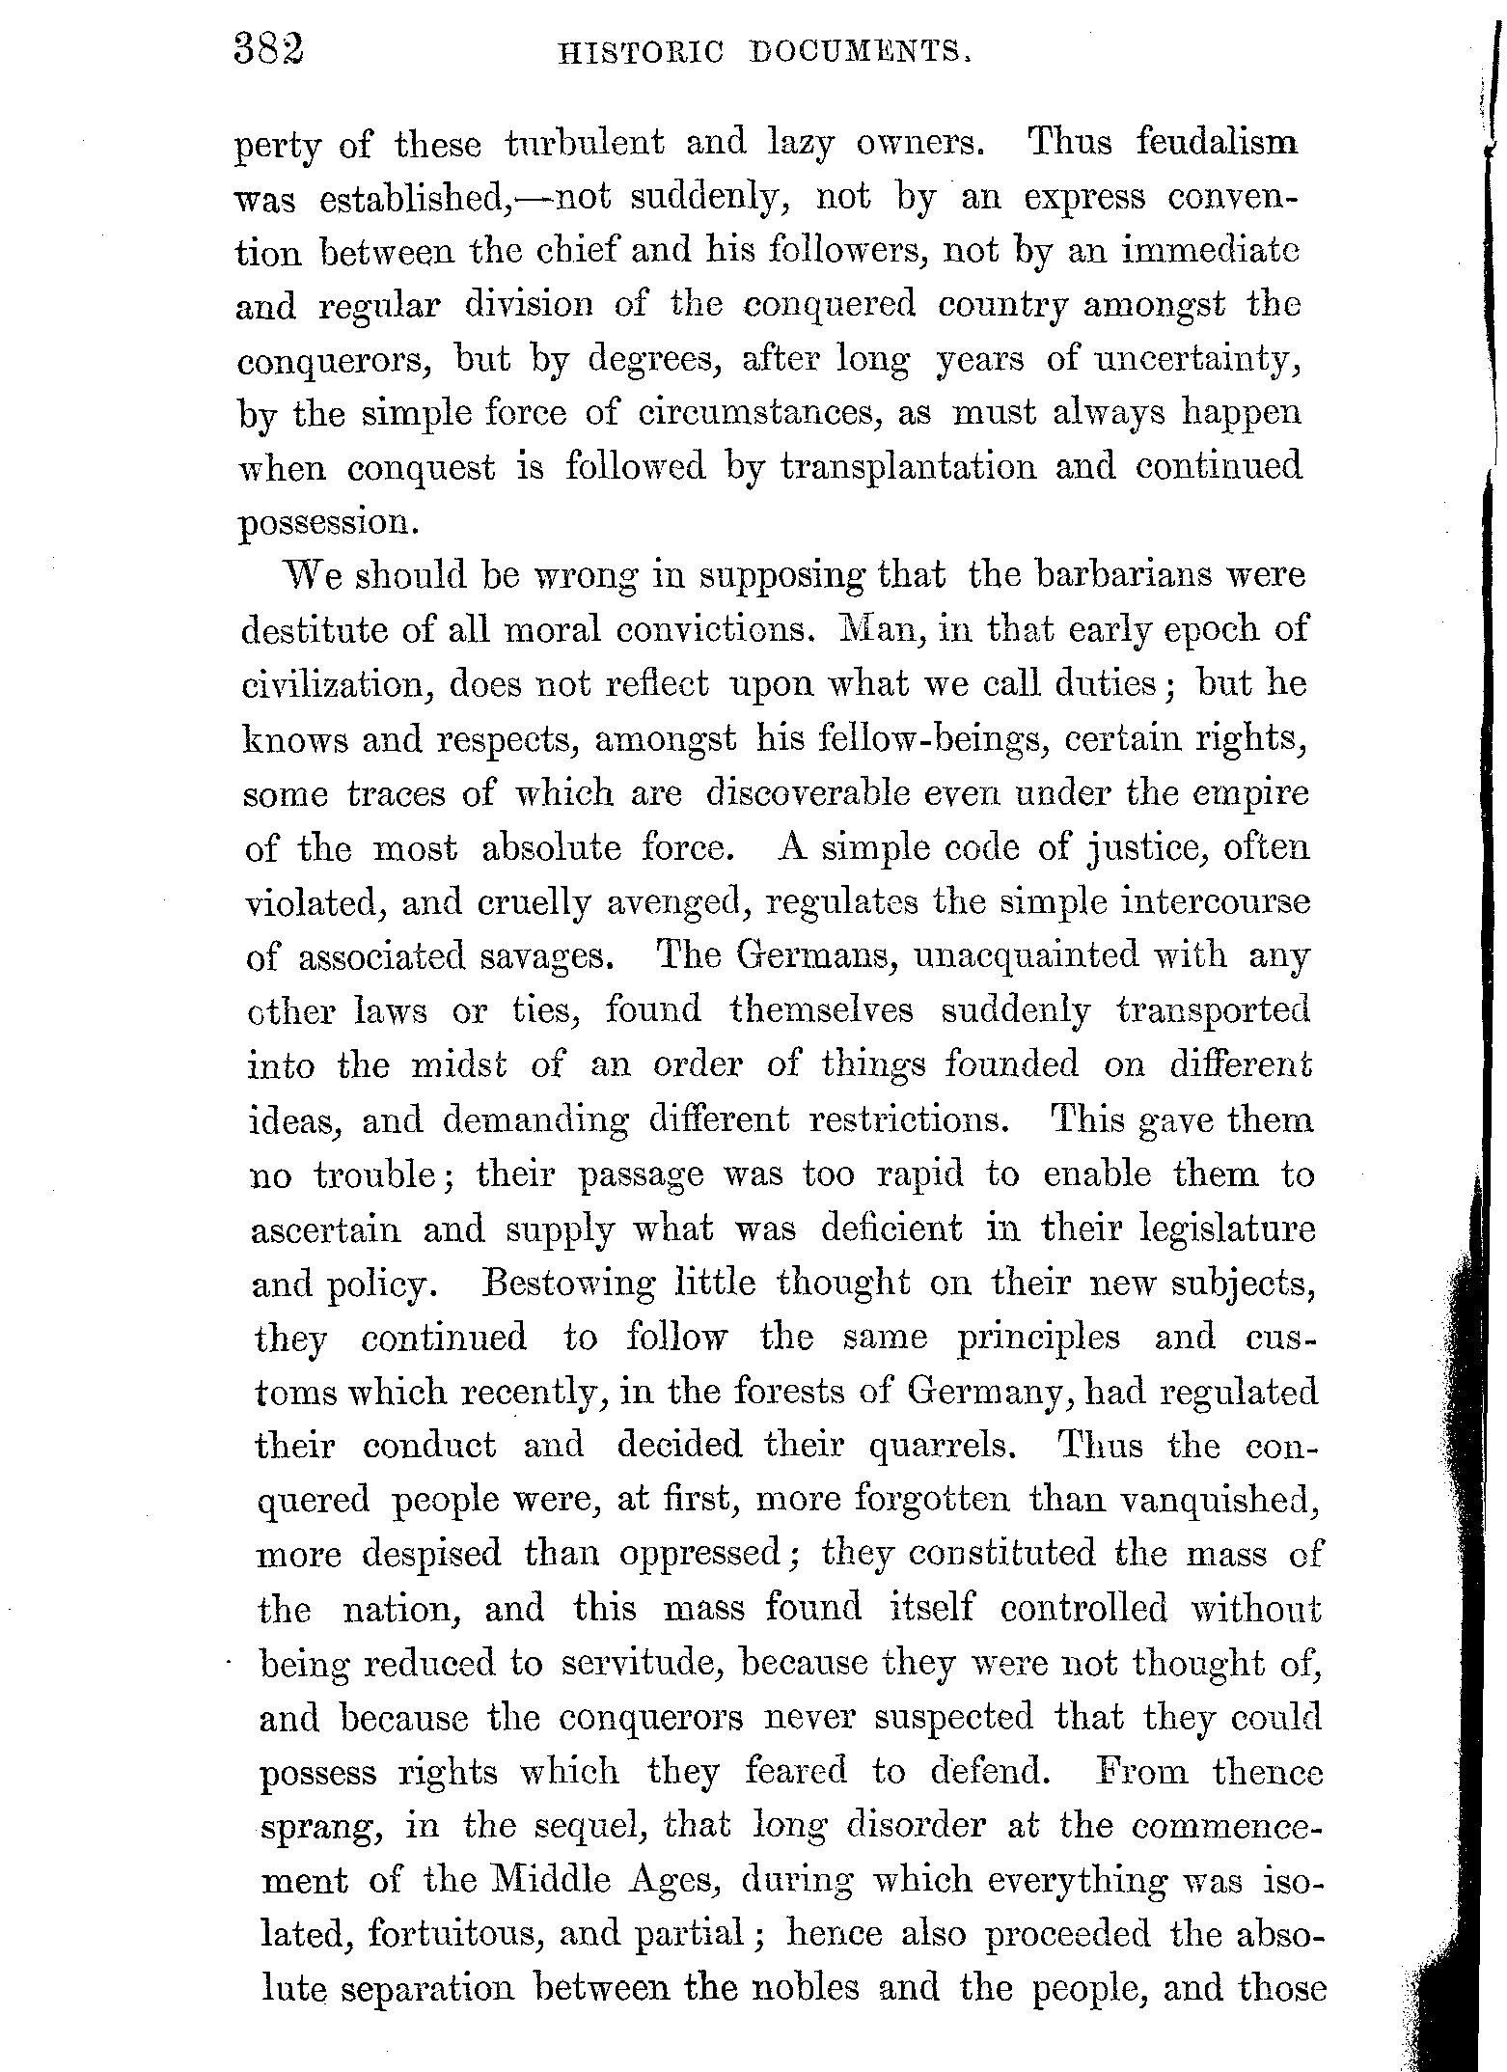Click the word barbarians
tap(1120, 575)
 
